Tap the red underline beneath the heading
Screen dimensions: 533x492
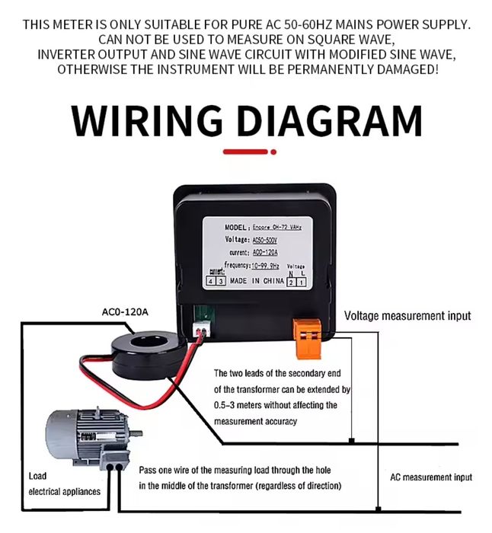[x=245, y=152]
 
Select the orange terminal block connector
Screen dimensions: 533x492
[x=307, y=334]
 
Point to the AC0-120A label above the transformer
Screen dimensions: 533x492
[x=125, y=311]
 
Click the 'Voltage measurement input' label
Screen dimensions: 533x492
[x=407, y=315]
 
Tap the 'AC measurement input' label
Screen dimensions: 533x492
[x=430, y=477]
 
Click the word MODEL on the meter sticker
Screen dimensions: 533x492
[x=237, y=227]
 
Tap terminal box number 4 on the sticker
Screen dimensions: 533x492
[x=211, y=282]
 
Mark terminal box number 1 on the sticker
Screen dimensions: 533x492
[x=301, y=282]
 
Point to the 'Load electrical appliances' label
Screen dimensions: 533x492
[x=64, y=484]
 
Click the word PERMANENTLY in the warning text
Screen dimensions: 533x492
[x=340, y=69]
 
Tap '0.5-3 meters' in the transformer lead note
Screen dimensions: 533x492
[x=241, y=405]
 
